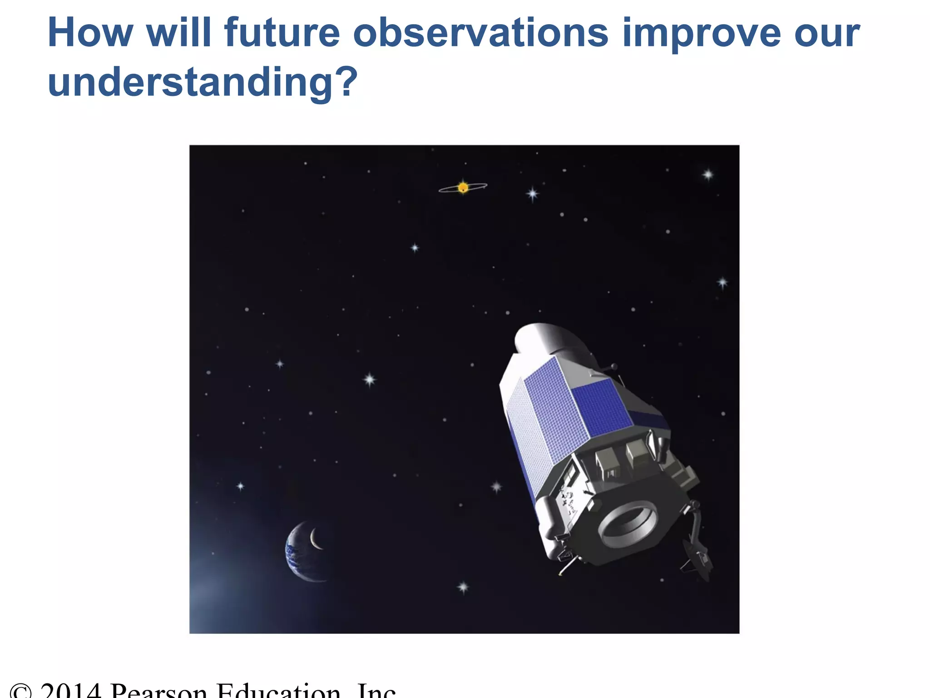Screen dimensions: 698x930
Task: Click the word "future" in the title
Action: coord(282,33)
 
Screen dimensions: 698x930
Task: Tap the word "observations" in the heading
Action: coord(480,33)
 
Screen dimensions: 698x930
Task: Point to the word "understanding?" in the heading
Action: coord(203,83)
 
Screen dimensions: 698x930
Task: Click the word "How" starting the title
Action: coord(90,33)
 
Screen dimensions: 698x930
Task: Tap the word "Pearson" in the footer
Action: coord(159,691)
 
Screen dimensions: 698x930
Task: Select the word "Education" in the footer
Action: coord(278,691)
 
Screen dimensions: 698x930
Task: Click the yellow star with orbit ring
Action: coord(463,187)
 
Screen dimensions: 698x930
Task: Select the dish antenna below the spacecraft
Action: coord(695,561)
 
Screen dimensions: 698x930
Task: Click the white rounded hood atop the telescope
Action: coord(547,339)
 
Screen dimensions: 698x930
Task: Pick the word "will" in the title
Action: coord(178,33)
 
